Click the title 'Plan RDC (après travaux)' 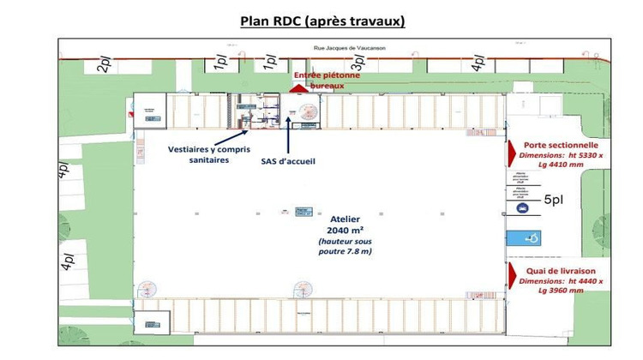point(322,21)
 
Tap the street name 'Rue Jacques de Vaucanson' point(351,48)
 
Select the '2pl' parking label point(104,64)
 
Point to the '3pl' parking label point(358,63)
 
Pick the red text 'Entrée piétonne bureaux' point(327,81)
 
